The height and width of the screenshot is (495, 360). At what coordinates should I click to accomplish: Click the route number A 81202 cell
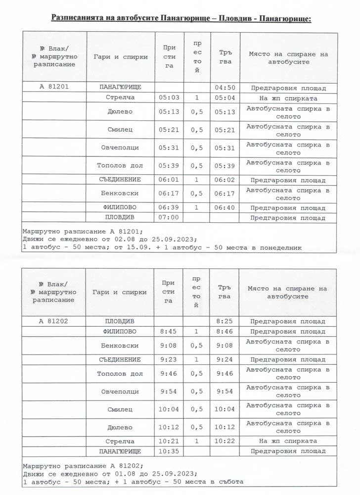(54, 321)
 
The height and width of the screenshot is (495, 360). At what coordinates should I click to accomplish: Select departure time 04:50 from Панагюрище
(225, 88)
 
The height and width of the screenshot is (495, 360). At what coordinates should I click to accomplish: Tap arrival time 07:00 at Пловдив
(169, 217)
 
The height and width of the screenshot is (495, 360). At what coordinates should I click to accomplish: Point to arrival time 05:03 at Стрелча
(169, 98)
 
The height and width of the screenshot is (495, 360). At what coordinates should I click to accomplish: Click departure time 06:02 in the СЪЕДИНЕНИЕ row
(225, 180)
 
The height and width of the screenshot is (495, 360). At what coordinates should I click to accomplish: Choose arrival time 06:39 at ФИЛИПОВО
(169, 207)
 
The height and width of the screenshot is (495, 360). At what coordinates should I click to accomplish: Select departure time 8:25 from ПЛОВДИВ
(225, 321)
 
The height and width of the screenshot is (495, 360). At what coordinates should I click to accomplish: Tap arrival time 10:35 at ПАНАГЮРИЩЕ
(169, 451)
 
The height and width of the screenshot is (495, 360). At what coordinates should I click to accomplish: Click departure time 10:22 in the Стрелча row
(225, 441)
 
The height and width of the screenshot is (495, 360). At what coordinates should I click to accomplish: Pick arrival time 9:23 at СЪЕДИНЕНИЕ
(169, 359)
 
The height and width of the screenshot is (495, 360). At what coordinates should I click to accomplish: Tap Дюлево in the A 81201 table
(120, 112)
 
